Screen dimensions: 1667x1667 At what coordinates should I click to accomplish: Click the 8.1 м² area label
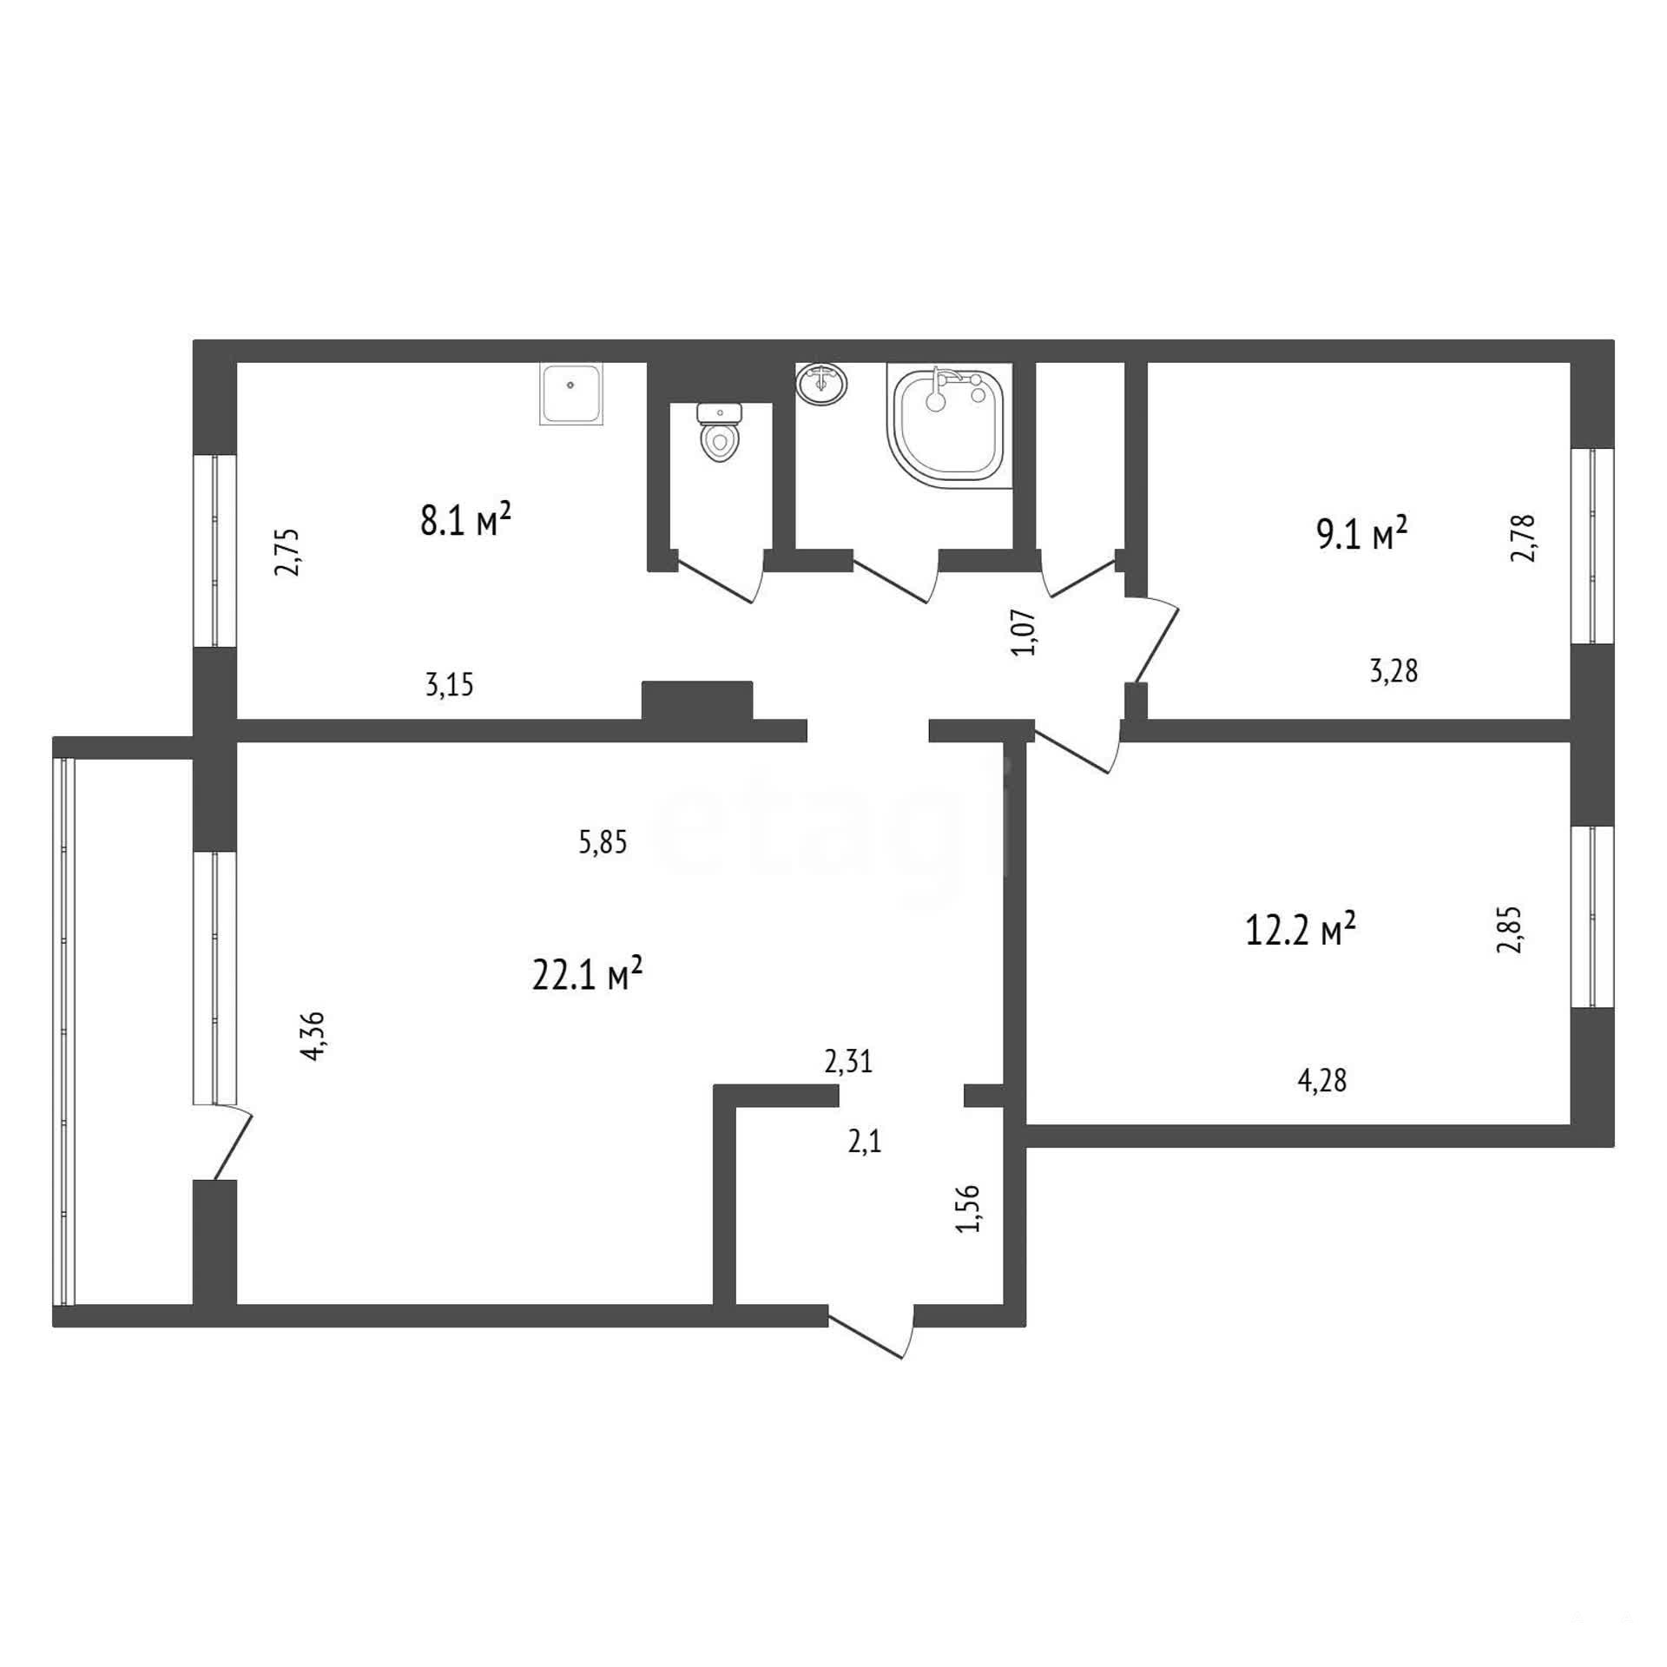[x=465, y=520]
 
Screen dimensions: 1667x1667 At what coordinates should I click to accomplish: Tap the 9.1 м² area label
[x=1361, y=533]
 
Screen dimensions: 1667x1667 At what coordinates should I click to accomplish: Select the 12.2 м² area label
[x=1301, y=929]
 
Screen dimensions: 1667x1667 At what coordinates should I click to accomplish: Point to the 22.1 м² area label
[x=587, y=974]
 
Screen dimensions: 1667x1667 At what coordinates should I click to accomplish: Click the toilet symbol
[x=718, y=432]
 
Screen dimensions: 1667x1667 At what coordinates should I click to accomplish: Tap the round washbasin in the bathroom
[x=821, y=384]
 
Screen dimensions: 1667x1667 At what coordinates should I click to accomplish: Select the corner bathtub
[x=950, y=425]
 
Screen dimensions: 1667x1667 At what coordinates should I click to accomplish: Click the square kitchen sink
[x=572, y=394]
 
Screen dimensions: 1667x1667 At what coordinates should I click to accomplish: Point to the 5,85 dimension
[x=603, y=842]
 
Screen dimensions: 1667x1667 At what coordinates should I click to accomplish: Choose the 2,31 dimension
[x=848, y=1062]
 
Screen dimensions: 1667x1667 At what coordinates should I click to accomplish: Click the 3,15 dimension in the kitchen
[x=450, y=686]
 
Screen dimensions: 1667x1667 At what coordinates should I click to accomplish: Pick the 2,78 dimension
[x=1524, y=538]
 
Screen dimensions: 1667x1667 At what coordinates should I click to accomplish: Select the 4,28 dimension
[x=1322, y=1081]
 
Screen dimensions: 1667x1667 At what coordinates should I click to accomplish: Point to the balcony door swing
[x=224, y=1143]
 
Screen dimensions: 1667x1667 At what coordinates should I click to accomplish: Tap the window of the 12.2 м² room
[x=1592, y=917]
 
